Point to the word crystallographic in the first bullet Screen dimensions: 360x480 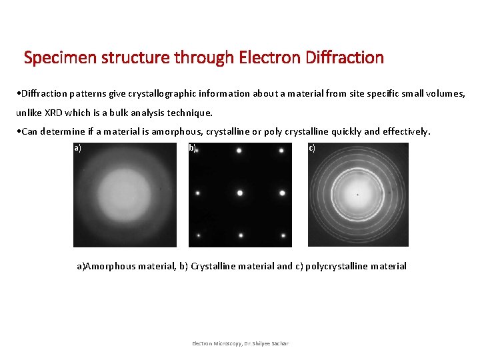click(175, 94)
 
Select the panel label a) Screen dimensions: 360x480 click(78, 148)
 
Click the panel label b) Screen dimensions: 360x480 click(193, 148)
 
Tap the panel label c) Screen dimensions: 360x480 click(312, 148)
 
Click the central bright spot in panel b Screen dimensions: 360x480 click(240, 193)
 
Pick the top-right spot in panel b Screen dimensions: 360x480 click(282, 151)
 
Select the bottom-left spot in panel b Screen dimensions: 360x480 click(198, 235)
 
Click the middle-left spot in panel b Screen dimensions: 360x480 click(198, 193)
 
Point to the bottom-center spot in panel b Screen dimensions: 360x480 click(241, 235)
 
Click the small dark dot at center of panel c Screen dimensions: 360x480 click(357, 195)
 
